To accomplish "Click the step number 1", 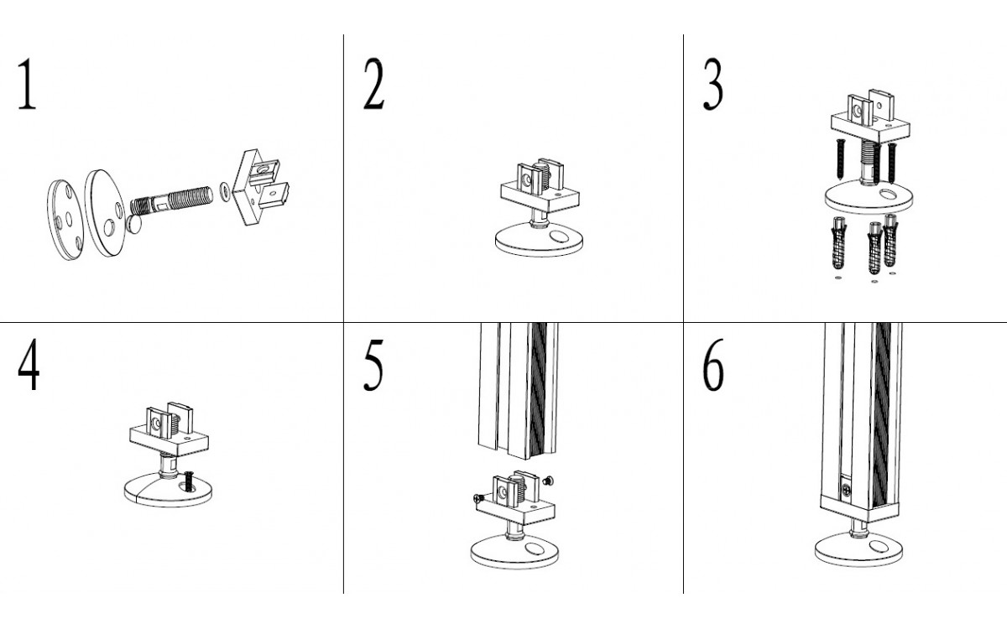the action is (x=27, y=84).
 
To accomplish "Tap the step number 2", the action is (x=374, y=84).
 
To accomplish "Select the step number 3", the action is (x=713, y=84).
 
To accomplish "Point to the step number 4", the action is (x=29, y=365).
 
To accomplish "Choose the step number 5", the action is (x=373, y=365).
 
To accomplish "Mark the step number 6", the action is (x=713, y=365).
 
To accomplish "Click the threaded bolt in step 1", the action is (x=171, y=200).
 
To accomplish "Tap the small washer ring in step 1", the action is (x=225, y=191).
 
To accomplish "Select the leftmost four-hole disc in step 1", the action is (x=65, y=221).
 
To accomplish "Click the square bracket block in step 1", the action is (x=260, y=187).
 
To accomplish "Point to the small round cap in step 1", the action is (x=133, y=223).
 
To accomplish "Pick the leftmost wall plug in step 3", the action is (x=839, y=242).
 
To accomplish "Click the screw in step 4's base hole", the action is (x=189, y=481).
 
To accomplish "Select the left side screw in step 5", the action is (x=479, y=498).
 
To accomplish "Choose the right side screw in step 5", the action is (x=548, y=481).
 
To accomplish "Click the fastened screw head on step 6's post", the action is (x=847, y=491).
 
